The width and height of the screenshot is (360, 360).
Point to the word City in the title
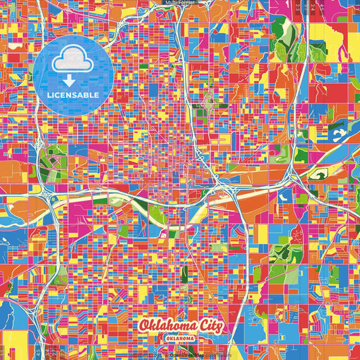(210, 326)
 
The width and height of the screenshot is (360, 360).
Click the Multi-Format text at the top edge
(180, 3)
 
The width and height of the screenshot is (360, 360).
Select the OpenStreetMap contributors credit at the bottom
(200, 354)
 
